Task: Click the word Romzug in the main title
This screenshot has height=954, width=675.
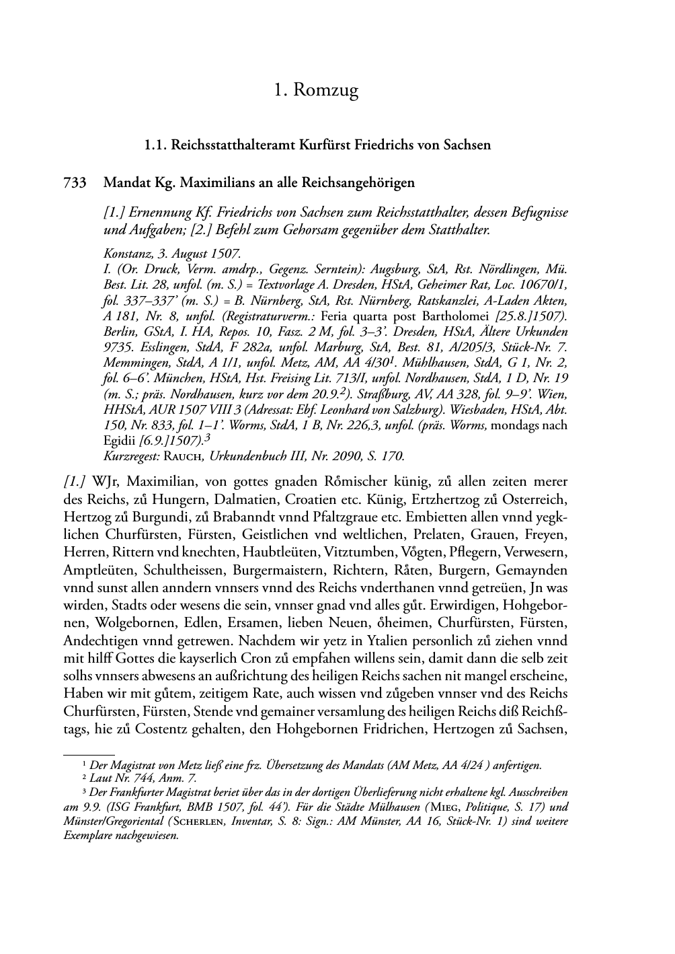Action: [327, 90]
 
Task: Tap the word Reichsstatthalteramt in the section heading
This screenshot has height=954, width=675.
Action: [231, 145]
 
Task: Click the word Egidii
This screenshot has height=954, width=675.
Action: [120, 440]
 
